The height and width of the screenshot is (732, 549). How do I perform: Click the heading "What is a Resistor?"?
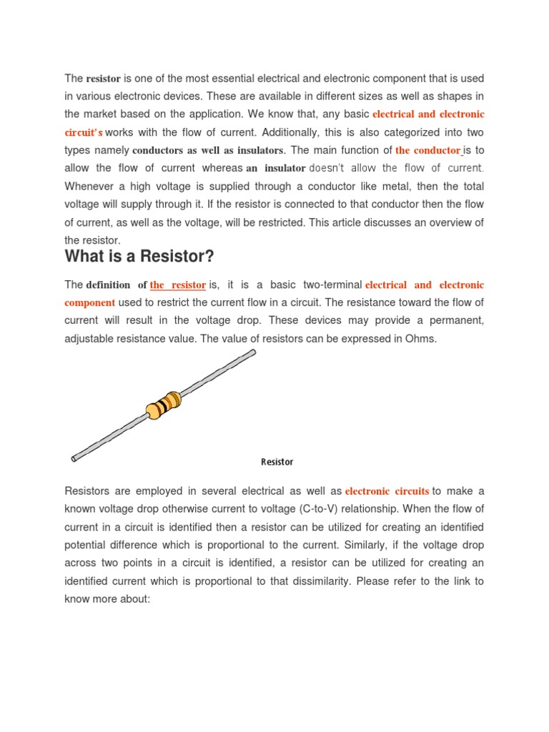pyautogui.click(x=139, y=256)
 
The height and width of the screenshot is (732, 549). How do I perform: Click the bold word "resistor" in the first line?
pyautogui.click(x=104, y=78)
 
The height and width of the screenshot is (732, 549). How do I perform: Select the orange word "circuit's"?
pyautogui.click(x=84, y=132)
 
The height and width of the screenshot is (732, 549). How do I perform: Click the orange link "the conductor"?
pyautogui.click(x=427, y=150)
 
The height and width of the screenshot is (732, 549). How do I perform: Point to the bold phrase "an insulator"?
pyautogui.click(x=276, y=169)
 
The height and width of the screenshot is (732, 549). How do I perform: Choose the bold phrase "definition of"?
pyautogui.click(x=117, y=285)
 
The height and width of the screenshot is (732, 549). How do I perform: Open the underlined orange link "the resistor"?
pyautogui.click(x=178, y=285)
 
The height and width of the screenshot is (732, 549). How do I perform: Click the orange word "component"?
pyautogui.click(x=89, y=303)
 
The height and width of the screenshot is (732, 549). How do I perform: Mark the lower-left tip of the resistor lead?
pyautogui.click(x=74, y=458)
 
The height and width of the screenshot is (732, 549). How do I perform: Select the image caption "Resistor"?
pyautogui.click(x=277, y=462)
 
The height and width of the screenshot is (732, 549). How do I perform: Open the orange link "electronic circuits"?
pyautogui.click(x=387, y=491)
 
